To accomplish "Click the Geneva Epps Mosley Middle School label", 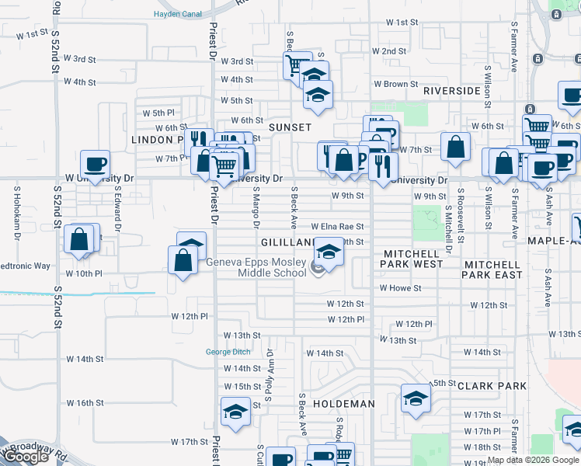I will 256,267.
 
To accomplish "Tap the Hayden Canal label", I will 178,14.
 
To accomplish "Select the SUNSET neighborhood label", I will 290,127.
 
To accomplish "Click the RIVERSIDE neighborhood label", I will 452,91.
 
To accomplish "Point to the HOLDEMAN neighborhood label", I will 343,404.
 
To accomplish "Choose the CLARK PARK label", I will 492,386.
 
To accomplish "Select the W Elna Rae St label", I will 337,227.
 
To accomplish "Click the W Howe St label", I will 400,288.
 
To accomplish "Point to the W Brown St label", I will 396,84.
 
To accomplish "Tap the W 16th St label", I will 85,403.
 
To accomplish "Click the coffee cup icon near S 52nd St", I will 96,164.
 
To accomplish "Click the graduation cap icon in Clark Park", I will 416,398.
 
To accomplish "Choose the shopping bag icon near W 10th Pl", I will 183,261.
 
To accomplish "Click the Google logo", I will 26,457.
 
